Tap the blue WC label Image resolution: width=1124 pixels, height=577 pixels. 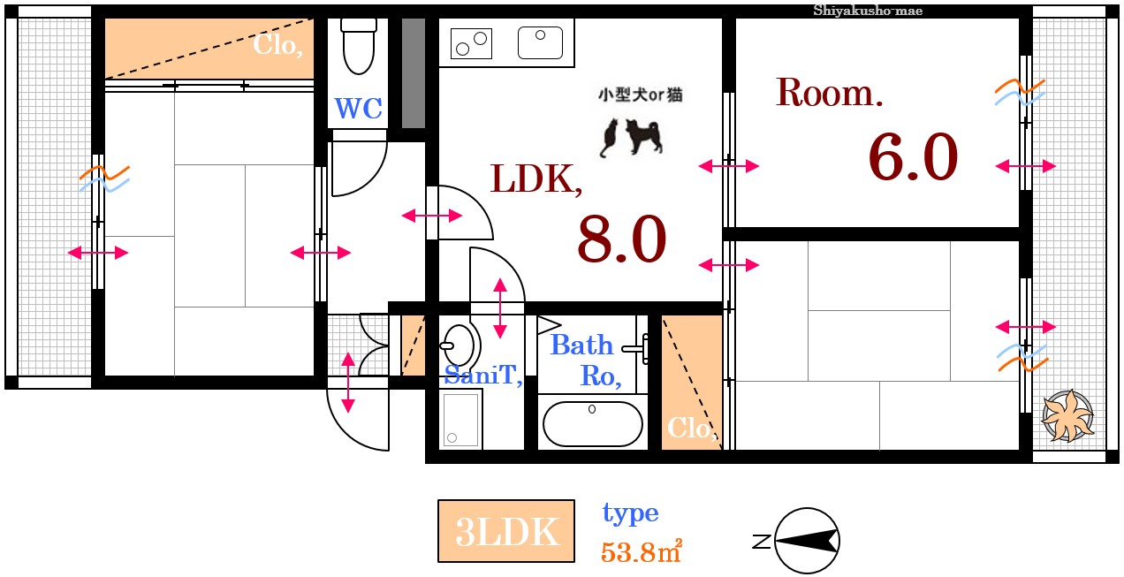[358, 110]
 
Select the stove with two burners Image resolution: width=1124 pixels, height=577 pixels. [471, 42]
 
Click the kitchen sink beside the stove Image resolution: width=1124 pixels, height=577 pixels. [540, 42]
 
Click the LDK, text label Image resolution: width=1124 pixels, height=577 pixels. [536, 179]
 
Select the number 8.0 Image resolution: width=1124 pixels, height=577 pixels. [621, 240]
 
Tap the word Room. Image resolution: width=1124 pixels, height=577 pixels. [829, 93]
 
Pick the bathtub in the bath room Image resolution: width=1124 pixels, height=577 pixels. [592, 423]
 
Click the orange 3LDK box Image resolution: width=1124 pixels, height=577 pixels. [506, 532]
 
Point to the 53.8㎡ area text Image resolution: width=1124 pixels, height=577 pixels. [641, 552]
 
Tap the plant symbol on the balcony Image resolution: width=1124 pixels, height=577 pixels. [1067, 415]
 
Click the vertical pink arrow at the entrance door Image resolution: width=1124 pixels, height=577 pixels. [348, 383]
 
